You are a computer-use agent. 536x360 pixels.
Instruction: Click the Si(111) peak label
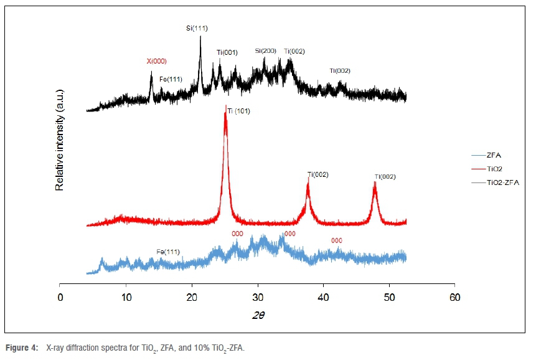[x=197, y=29]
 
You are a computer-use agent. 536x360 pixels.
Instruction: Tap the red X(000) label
[x=156, y=61]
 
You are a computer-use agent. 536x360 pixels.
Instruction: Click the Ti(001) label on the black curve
[x=227, y=52]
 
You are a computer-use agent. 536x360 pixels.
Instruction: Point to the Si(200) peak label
[x=265, y=51]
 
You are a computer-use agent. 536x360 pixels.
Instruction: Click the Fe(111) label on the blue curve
[x=168, y=252]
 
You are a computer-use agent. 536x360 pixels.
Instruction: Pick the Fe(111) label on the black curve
[x=171, y=79]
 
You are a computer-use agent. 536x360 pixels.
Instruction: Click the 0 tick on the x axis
[x=60, y=296]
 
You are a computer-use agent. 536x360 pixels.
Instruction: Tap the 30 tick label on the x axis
[x=258, y=296]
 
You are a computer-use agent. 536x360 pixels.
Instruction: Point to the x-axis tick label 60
[x=455, y=296]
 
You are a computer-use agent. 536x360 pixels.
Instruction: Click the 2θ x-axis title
[x=258, y=315]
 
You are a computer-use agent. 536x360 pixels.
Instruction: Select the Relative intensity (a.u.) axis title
[x=60, y=139]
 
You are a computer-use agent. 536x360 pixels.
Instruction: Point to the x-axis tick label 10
[x=126, y=296]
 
